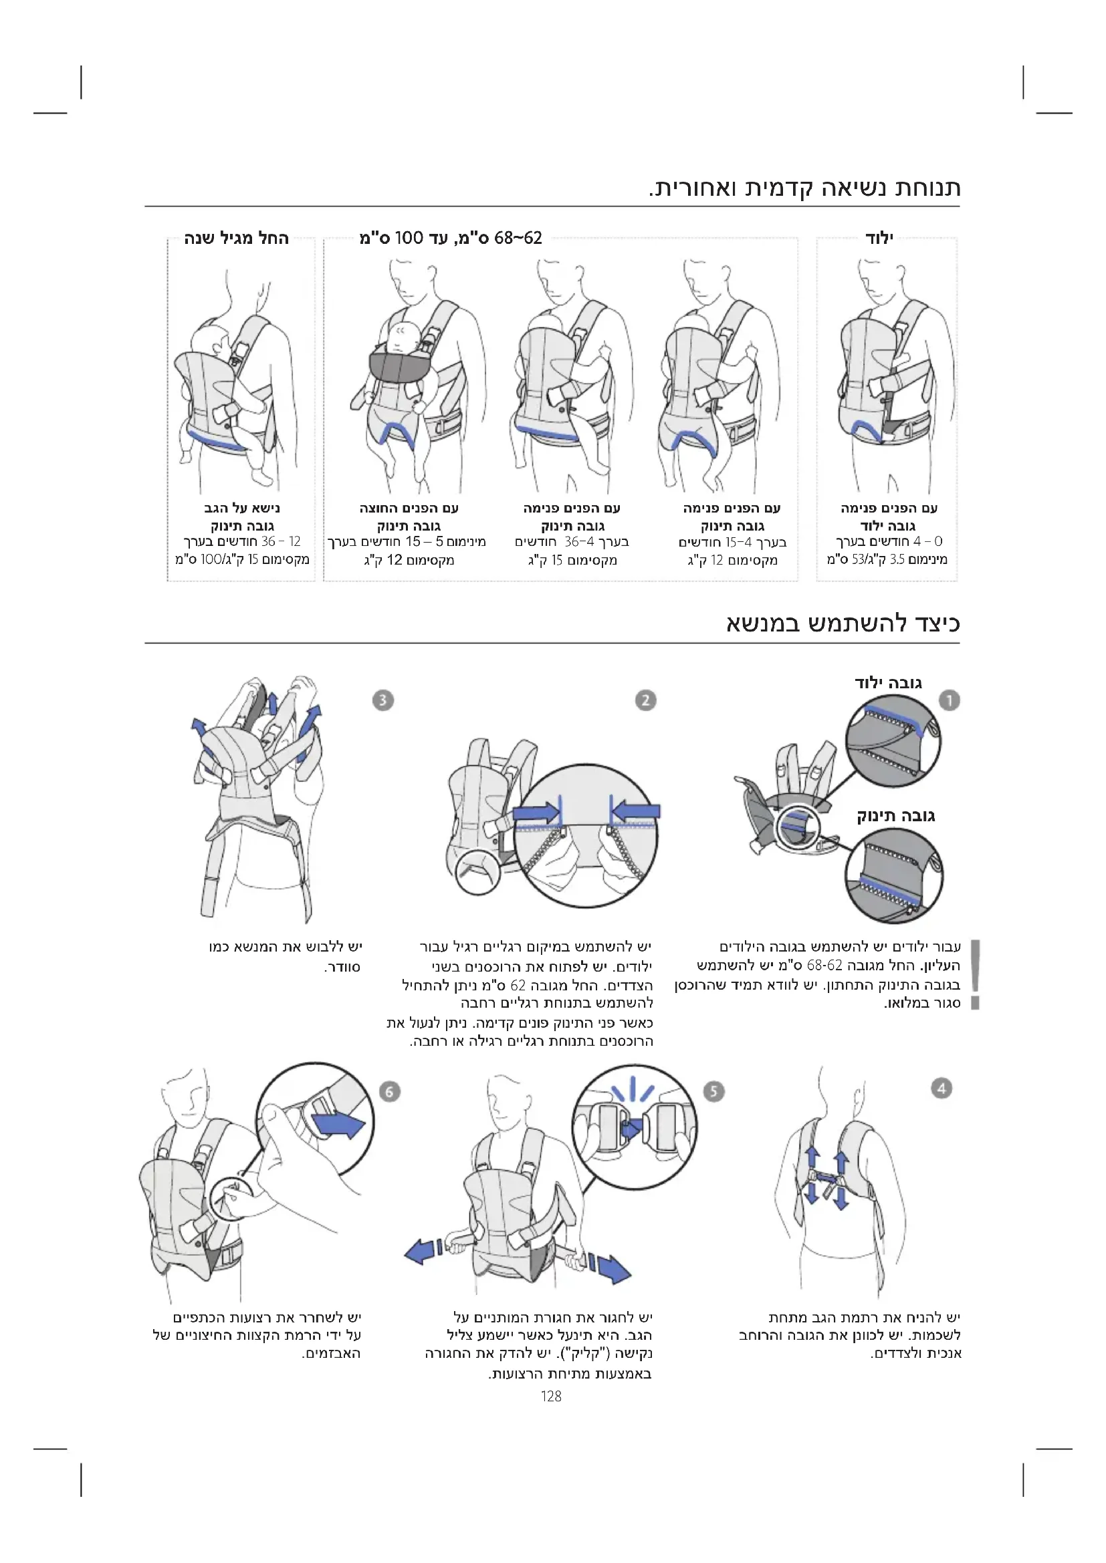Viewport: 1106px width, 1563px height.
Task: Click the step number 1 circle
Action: [949, 700]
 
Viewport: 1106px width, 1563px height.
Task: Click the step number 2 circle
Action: [645, 700]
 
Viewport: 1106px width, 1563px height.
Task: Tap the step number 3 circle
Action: [382, 700]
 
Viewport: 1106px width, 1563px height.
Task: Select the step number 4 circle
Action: [942, 1088]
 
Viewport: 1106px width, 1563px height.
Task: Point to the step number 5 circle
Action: [713, 1091]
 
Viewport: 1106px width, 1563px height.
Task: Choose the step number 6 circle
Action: [389, 1091]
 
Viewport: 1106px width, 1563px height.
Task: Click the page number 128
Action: [551, 1396]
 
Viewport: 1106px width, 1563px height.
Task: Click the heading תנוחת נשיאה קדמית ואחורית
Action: [804, 187]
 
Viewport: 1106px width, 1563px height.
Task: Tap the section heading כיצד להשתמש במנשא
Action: [843, 623]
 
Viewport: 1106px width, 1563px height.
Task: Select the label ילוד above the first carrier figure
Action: [879, 239]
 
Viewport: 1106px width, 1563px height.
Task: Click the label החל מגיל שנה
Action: [236, 239]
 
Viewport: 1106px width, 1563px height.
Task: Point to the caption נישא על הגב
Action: [242, 508]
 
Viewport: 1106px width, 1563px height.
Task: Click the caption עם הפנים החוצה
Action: [409, 508]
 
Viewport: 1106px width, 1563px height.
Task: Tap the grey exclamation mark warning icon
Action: [975, 974]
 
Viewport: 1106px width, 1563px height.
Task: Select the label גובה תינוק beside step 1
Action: [895, 815]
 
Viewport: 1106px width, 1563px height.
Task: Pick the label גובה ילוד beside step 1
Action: [888, 683]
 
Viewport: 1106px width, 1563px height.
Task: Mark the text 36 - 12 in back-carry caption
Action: [281, 541]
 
